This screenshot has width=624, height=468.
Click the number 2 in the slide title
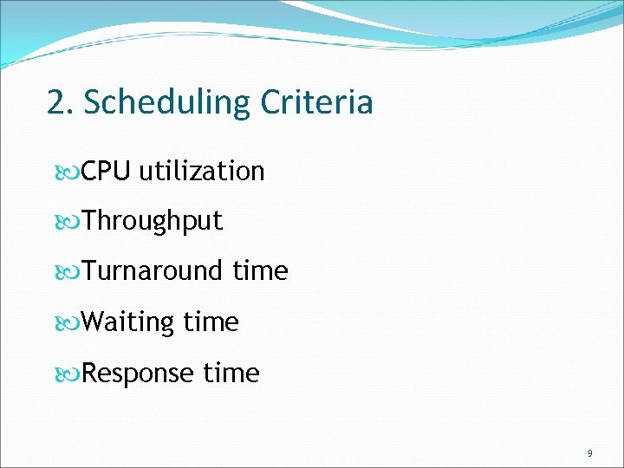tap(56, 103)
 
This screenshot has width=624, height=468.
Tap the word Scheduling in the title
tap(165, 103)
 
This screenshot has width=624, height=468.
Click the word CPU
tap(107, 171)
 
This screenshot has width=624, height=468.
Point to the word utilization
tap(201, 171)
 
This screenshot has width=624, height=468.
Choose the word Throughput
tap(153, 221)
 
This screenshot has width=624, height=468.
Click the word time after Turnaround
tap(260, 271)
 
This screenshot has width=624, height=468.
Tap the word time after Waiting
tap(211, 322)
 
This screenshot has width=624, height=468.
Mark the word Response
tap(140, 374)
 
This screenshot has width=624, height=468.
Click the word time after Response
tap(231, 374)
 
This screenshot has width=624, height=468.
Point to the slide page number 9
tap(590, 453)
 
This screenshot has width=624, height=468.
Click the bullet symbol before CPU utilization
tap(70, 172)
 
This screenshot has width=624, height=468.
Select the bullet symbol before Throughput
tap(70, 223)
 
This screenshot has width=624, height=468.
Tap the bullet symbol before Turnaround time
tap(70, 273)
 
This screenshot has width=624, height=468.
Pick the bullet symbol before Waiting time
tap(70, 324)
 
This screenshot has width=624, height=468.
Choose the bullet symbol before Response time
tap(70, 375)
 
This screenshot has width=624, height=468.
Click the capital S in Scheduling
tap(94, 103)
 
